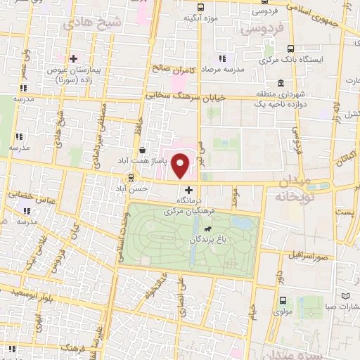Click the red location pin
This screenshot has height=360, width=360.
coord(181,166)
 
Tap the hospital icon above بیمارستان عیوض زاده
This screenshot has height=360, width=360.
coord(73,58)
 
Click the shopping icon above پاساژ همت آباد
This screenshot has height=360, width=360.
coord(143,149)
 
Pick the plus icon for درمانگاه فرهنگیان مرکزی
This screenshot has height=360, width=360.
coord(188,190)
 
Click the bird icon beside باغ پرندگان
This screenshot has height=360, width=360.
coord(208,229)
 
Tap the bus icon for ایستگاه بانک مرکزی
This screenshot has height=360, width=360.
coord(291,49)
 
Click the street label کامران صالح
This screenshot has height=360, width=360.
coord(170,70)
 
